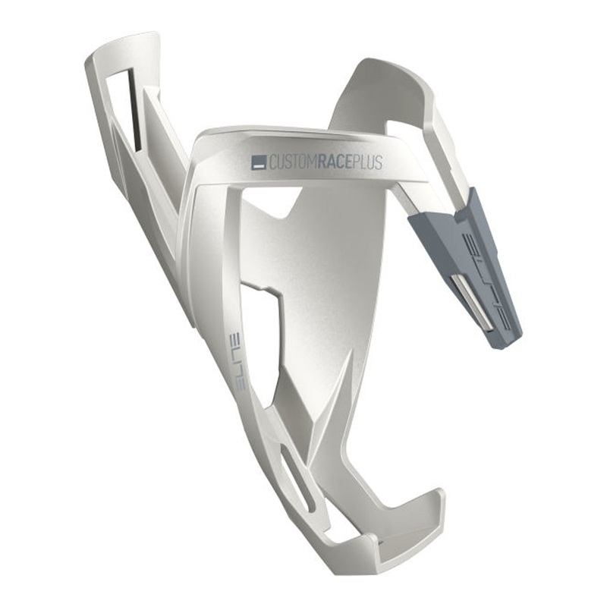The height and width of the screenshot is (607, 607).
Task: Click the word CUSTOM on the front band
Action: coord(293,162)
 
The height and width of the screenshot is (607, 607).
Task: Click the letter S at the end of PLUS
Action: coord(379,161)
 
